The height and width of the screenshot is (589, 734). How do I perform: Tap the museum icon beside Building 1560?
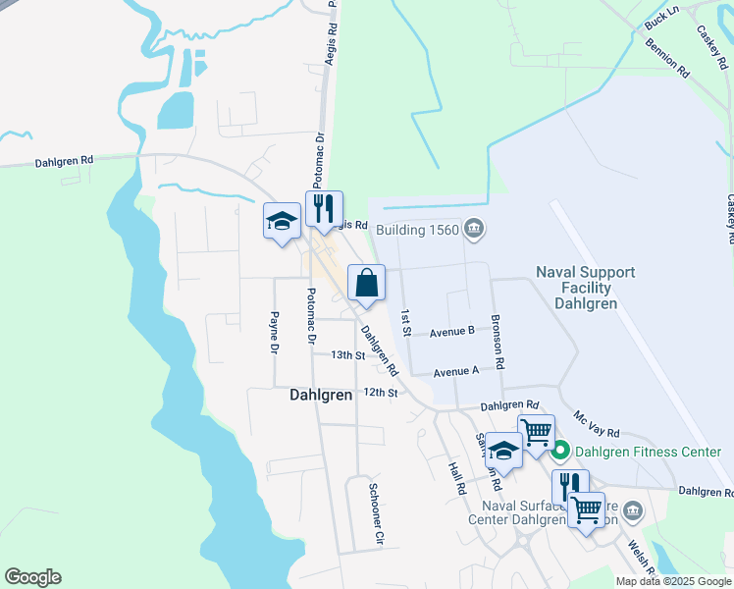[474, 230]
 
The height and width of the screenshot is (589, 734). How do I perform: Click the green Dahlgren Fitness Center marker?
[560, 452]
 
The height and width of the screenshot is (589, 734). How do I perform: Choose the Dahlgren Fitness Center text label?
[648, 452]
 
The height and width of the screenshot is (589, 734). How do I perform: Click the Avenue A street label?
[455, 371]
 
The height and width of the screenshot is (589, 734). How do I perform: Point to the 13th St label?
[347, 355]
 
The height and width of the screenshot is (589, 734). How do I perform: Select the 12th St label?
[379, 392]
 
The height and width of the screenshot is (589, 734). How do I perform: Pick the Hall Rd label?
[455, 479]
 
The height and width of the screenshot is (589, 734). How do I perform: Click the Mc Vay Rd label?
[597, 424]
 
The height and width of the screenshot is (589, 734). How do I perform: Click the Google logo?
[32, 577]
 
